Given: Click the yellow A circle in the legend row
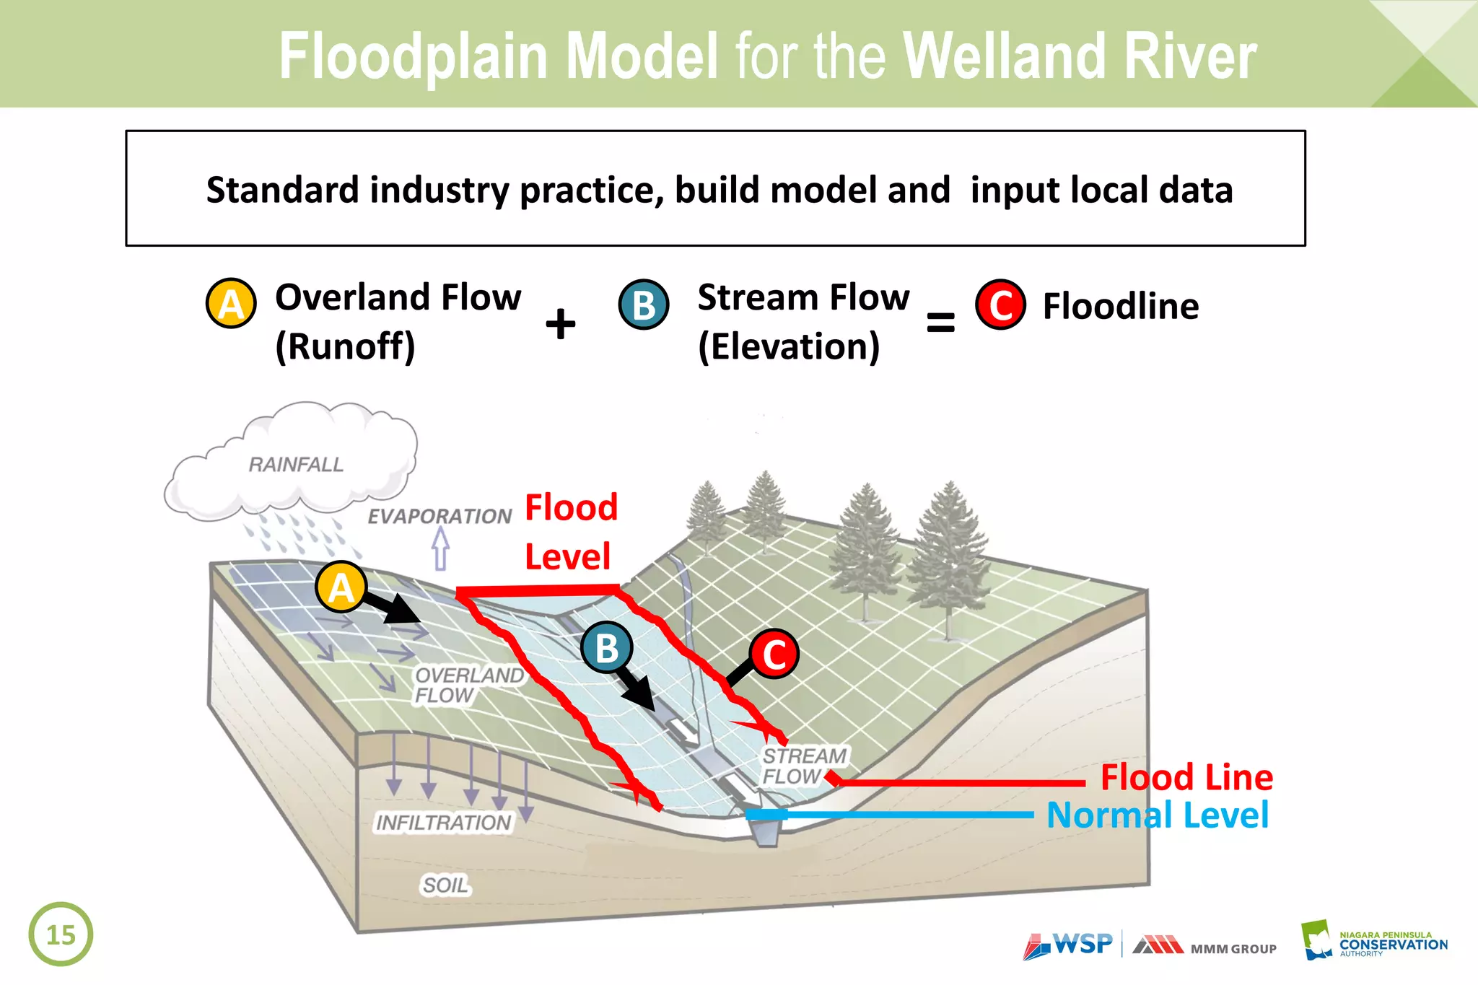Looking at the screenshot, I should (x=231, y=304).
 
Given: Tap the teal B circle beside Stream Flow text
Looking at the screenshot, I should (x=644, y=305).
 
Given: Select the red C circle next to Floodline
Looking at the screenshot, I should (x=1000, y=305).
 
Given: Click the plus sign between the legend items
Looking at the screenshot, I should (x=560, y=323).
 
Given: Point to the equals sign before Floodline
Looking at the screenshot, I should (x=940, y=322).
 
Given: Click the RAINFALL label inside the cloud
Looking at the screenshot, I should (x=296, y=464).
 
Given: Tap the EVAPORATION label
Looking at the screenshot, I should (x=440, y=517).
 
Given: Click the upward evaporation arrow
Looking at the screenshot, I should (x=440, y=549).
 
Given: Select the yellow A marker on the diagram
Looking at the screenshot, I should (x=341, y=587).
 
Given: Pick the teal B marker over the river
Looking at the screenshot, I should (x=607, y=647).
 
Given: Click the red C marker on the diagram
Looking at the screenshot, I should (x=774, y=654).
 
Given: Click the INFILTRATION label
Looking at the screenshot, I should (x=443, y=823).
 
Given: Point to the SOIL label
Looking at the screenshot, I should (x=445, y=885).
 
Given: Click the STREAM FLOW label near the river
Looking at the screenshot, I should (x=804, y=766).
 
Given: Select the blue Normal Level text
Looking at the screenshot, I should (x=1157, y=815).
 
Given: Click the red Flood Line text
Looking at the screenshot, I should (x=1186, y=777).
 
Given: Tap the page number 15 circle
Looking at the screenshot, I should (x=61, y=934).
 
